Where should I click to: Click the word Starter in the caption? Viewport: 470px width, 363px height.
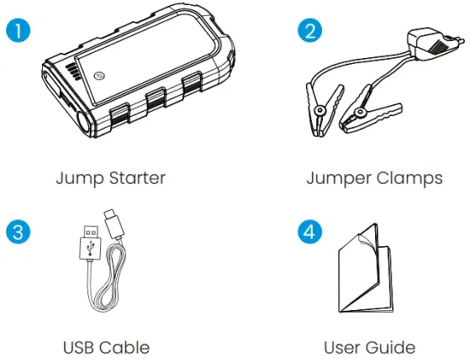point(135,179)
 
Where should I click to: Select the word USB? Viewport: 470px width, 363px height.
point(83,348)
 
